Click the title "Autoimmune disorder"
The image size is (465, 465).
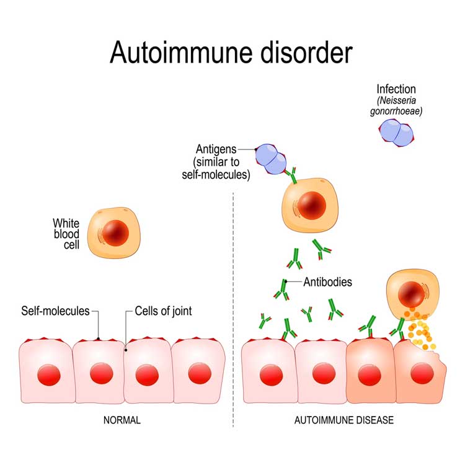[x=231, y=53]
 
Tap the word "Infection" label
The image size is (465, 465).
[x=396, y=89]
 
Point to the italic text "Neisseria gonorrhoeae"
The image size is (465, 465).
[x=396, y=105]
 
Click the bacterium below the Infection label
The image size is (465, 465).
[x=396, y=132]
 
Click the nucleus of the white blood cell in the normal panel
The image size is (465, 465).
[x=115, y=232]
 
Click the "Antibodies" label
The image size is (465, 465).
[x=327, y=281]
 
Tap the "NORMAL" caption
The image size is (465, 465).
[x=122, y=420]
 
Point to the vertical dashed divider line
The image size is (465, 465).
[x=233, y=310]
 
